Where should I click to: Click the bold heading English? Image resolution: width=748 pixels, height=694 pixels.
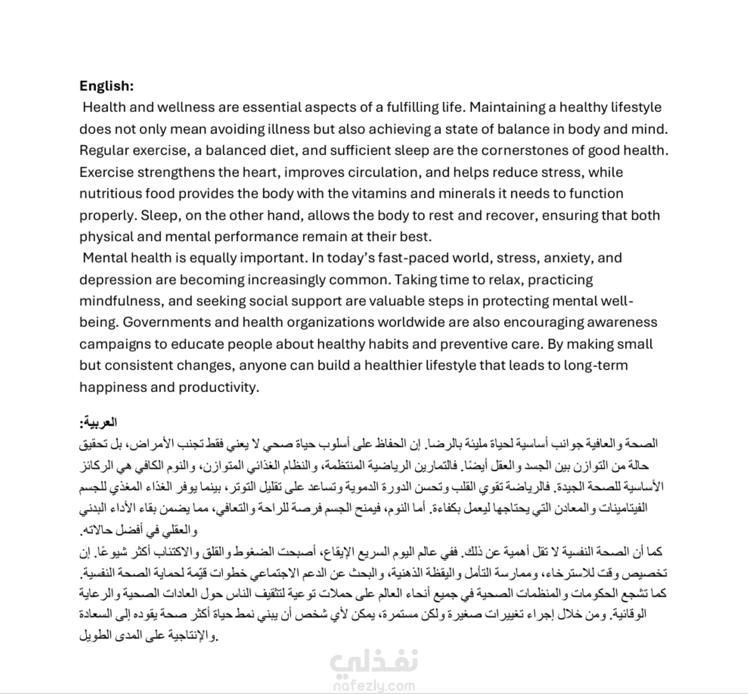coord(106,86)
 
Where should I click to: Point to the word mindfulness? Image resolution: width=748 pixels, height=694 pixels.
coord(120,301)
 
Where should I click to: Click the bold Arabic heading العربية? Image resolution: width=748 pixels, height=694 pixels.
coord(98,423)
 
